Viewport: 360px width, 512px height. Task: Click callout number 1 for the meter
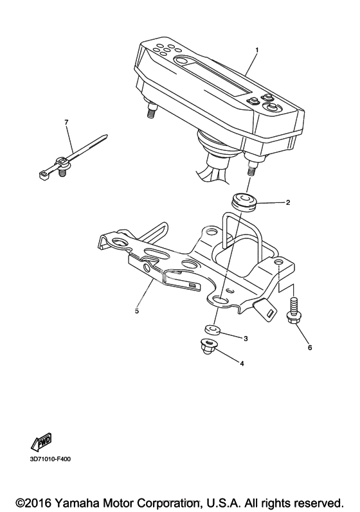[x=256, y=50]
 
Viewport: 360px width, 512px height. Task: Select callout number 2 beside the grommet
[x=288, y=202]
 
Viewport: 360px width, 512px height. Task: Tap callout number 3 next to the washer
[x=246, y=339]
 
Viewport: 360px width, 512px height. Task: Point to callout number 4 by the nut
[x=242, y=363]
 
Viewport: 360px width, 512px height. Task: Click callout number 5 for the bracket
[x=137, y=311]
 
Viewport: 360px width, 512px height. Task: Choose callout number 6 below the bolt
[x=310, y=348]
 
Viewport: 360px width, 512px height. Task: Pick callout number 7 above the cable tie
[x=66, y=122]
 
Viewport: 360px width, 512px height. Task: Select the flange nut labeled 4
[x=208, y=346]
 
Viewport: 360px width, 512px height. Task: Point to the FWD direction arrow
[x=41, y=442]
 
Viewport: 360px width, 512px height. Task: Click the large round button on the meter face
[x=271, y=107]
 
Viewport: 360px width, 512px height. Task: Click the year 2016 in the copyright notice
[x=38, y=502]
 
